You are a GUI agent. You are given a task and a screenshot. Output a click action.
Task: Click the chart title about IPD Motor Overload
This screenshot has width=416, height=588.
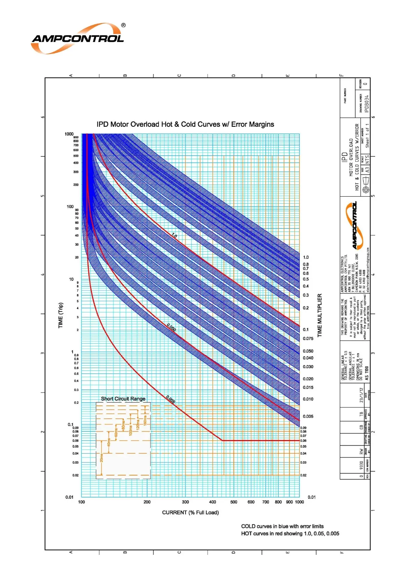point(185,124)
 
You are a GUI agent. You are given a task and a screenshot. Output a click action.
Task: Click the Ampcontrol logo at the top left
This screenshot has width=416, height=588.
point(78,38)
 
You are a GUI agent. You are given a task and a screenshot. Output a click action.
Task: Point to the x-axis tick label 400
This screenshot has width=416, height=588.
point(212,502)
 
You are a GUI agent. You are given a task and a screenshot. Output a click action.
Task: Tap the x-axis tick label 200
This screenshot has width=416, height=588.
point(147,502)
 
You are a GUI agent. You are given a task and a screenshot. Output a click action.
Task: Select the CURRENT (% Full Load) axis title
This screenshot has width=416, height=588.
point(190,513)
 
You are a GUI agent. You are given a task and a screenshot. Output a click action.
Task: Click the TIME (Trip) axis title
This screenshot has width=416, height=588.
point(61,315)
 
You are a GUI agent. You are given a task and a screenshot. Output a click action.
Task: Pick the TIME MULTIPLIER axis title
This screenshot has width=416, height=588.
point(320,315)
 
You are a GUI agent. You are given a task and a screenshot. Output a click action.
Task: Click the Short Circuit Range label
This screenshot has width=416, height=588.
point(123,399)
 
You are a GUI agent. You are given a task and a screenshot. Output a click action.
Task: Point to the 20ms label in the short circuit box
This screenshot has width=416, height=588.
point(102,458)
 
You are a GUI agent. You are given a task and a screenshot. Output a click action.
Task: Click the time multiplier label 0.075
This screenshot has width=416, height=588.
point(308,339)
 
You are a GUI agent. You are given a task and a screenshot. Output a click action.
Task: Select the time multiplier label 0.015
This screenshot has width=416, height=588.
point(308,388)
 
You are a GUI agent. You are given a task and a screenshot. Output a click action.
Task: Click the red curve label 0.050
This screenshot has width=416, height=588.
point(171,327)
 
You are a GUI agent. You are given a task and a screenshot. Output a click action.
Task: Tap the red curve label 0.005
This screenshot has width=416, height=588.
point(170,399)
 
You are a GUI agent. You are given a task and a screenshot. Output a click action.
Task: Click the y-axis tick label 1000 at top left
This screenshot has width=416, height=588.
point(69,134)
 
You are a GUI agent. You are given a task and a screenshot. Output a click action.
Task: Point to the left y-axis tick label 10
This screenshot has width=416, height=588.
point(71,279)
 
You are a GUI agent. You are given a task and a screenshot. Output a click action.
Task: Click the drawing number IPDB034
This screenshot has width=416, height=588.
point(366,104)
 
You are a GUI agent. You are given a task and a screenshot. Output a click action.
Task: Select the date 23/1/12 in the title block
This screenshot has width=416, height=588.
point(362,395)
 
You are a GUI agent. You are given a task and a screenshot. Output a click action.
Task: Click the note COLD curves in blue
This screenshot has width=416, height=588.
point(282,526)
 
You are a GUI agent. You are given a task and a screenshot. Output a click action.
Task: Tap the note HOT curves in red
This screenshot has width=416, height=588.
point(290,534)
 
